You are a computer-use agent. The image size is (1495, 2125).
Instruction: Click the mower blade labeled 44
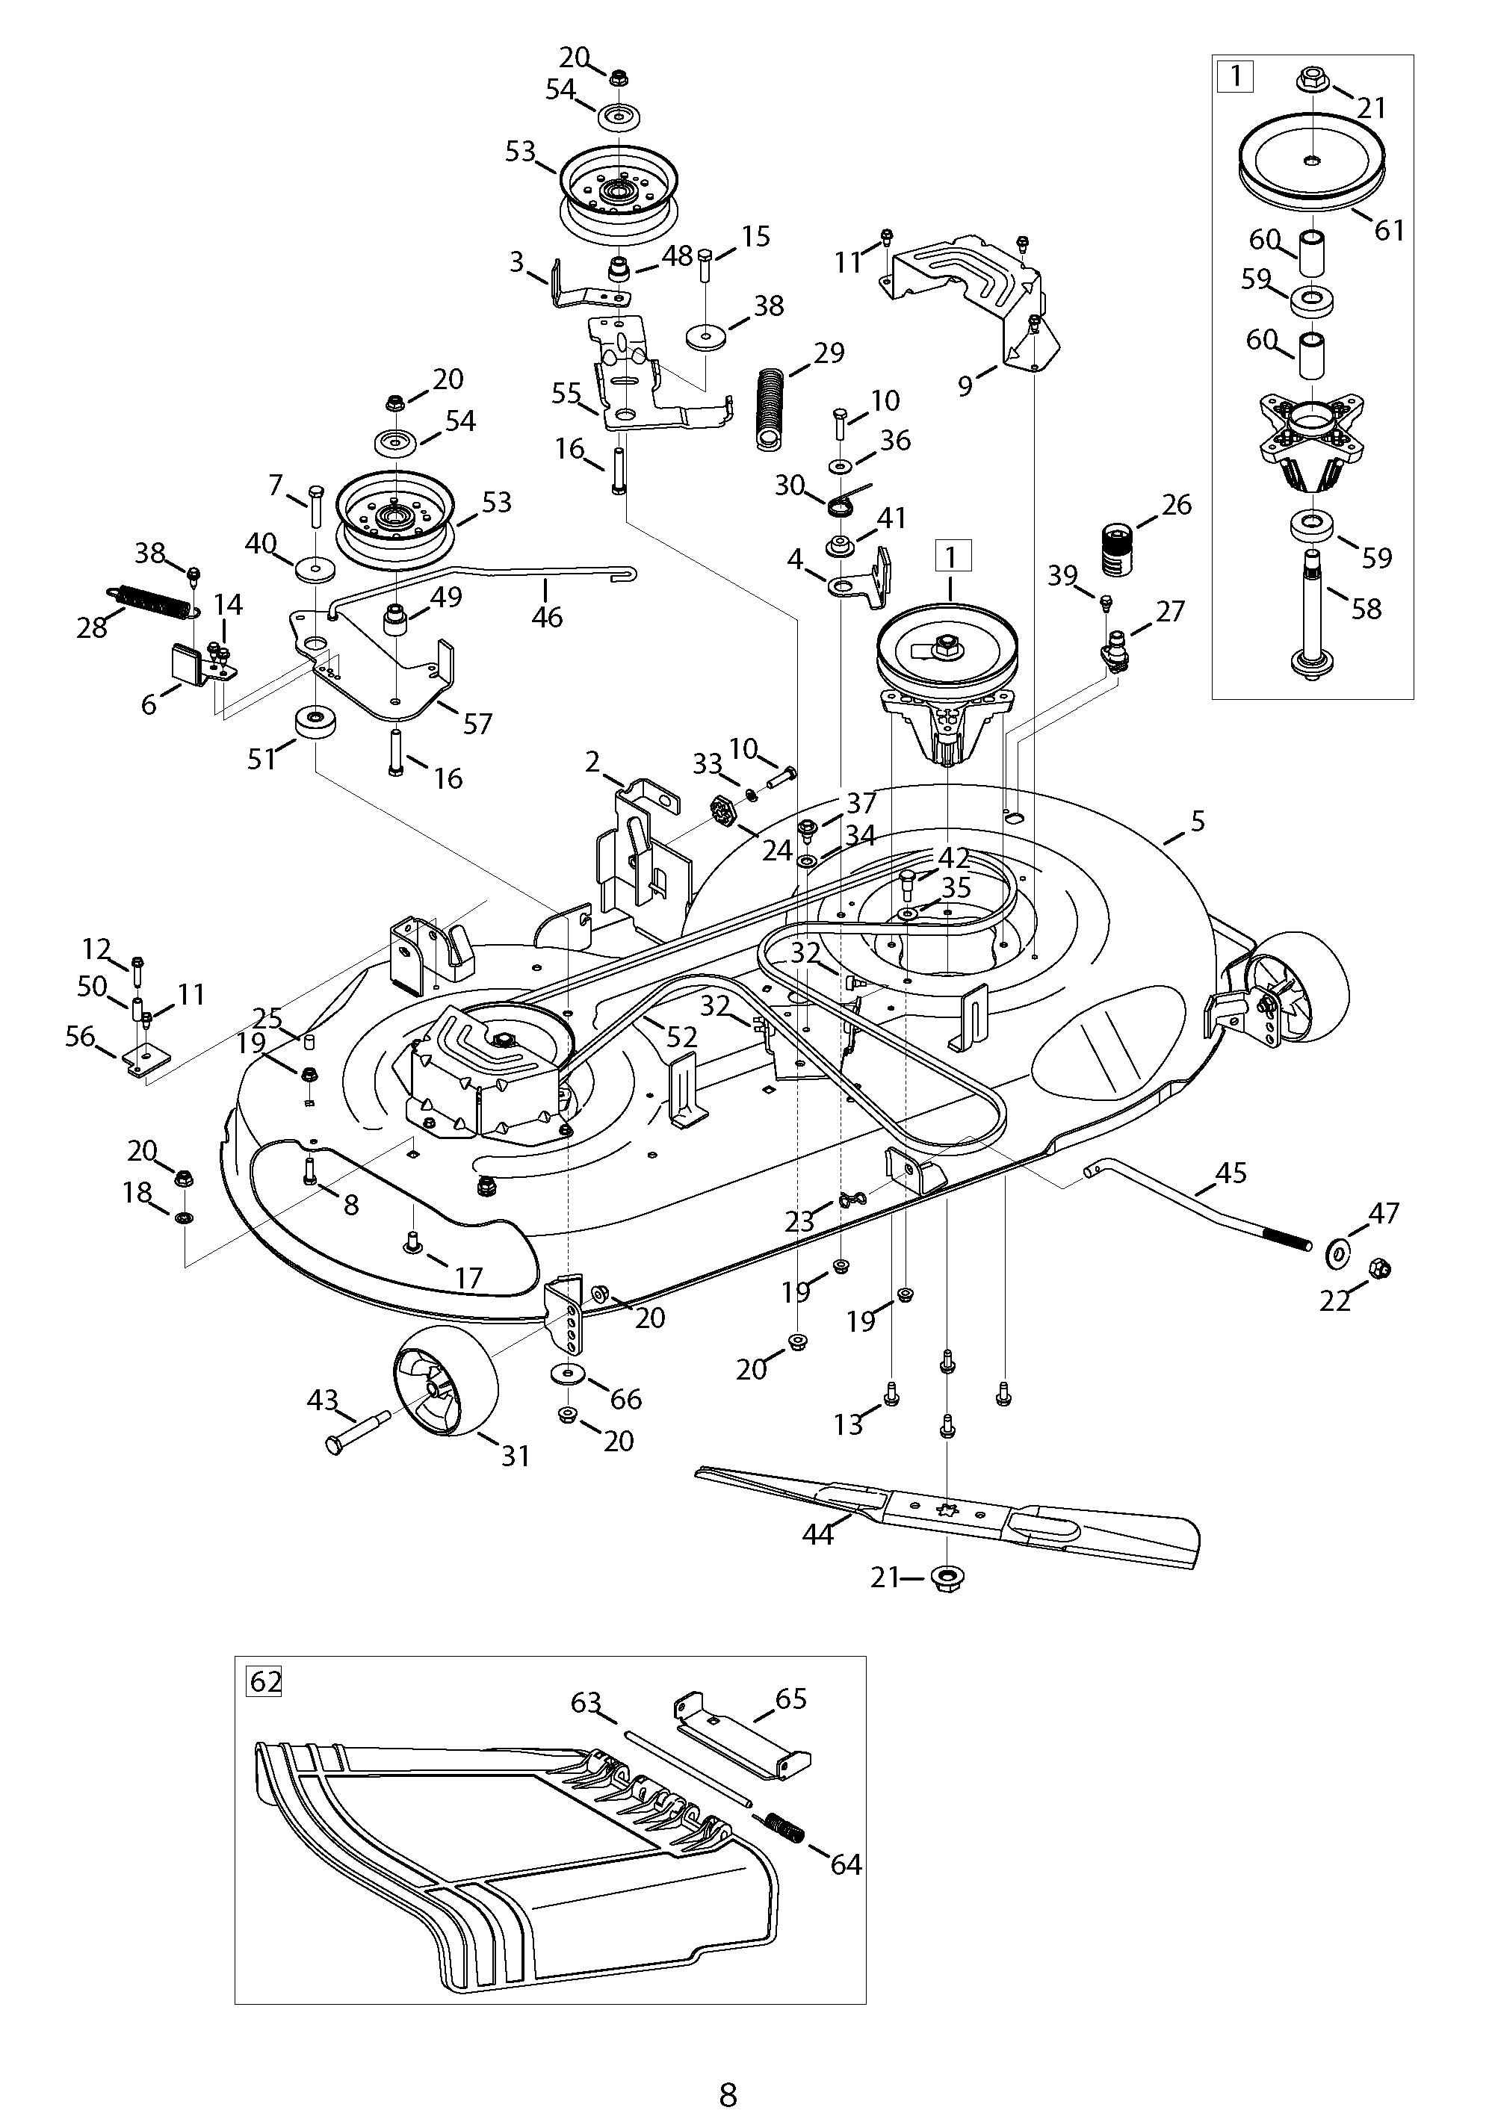(953, 1514)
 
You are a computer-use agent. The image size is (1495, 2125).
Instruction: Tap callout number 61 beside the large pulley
(1389, 229)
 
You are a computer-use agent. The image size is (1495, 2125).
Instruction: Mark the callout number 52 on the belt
(681, 1037)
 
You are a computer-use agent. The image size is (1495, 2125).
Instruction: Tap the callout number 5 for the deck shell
(1198, 820)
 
